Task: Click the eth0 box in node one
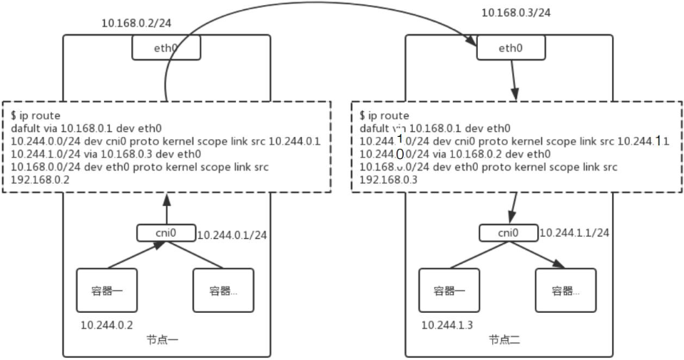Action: point(166,48)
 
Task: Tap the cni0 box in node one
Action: point(165,233)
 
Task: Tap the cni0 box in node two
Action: point(509,233)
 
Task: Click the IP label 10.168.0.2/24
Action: point(136,24)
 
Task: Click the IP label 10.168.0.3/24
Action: point(516,13)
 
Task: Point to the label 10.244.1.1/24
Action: point(573,232)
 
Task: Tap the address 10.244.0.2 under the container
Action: point(107,325)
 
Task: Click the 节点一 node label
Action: point(163,339)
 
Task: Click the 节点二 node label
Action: point(504,339)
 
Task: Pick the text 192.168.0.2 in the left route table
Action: point(40,180)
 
